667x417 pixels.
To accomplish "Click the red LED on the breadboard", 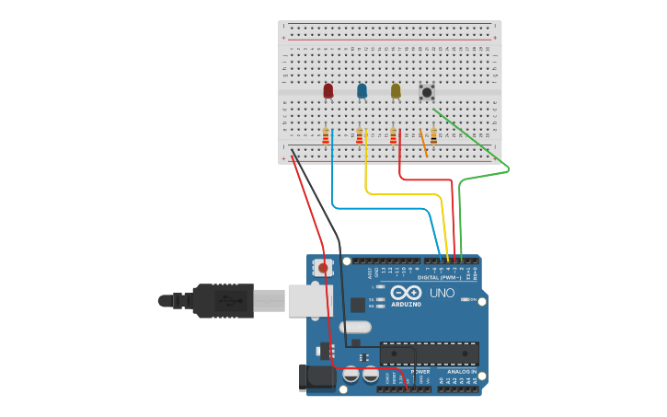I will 328,90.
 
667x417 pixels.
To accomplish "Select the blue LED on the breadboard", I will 362,90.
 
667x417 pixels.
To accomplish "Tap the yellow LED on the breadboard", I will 396,90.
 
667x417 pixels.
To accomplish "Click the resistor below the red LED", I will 326,136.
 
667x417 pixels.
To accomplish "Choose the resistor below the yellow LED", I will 393,136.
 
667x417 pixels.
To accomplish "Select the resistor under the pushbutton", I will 433,136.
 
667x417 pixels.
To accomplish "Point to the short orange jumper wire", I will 424,143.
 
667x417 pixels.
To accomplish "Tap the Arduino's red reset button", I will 322,268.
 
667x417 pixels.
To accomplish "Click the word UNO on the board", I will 442,294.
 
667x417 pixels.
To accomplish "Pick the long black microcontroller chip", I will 429,353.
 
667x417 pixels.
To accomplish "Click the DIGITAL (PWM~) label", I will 440,277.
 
